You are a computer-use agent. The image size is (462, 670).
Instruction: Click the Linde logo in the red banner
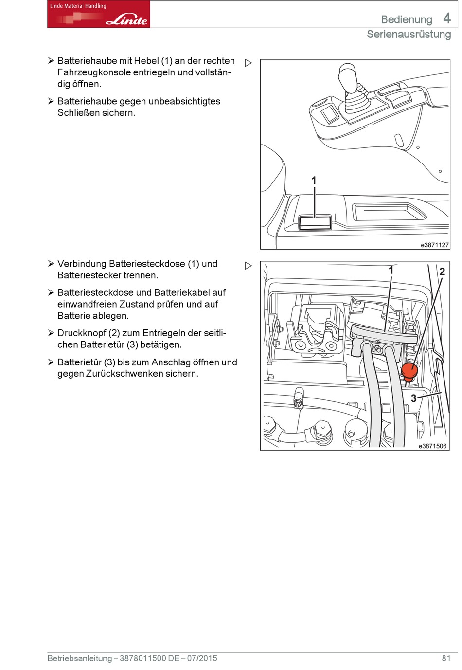(126, 19)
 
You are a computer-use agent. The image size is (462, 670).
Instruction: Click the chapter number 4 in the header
(447, 18)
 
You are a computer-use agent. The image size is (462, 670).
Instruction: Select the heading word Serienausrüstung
(409, 35)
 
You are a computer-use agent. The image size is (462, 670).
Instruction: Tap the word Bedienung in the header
(406, 20)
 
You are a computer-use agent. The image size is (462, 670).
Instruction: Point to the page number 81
(446, 658)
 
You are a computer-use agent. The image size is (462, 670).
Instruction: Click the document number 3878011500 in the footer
(142, 658)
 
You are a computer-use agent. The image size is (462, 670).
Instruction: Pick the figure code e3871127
(434, 245)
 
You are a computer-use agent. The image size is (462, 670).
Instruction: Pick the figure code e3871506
(432, 446)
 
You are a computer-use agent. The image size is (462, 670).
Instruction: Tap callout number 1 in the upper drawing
(314, 181)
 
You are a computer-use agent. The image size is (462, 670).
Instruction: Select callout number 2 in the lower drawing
(442, 272)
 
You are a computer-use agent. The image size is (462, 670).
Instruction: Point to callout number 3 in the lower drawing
(413, 398)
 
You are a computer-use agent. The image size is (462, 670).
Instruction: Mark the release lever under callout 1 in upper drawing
(315, 223)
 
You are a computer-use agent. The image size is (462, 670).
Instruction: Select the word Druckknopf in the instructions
(81, 333)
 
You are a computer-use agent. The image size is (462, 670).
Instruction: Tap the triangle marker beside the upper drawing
(248, 63)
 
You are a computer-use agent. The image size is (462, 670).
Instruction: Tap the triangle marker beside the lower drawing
(248, 266)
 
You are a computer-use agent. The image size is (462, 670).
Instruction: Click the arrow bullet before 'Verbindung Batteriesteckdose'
(51, 264)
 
